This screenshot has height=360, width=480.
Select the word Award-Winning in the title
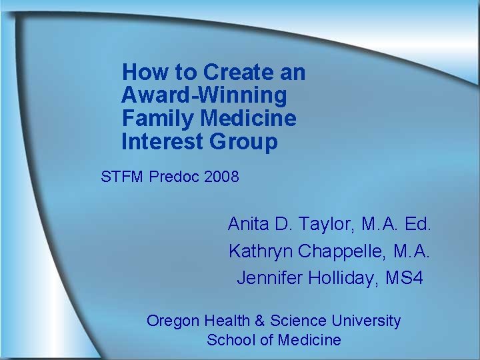pos(204,95)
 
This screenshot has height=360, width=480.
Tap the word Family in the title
pos(157,119)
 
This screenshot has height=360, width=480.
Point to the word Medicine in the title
pos(248,119)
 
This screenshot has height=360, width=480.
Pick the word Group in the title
pos(243,142)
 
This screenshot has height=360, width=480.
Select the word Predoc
pos(175,177)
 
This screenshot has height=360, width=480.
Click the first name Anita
pos(248,224)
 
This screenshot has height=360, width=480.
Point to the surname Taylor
pos(322,225)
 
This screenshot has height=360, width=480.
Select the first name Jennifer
pos(269,278)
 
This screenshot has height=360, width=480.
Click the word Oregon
pos(173,321)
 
